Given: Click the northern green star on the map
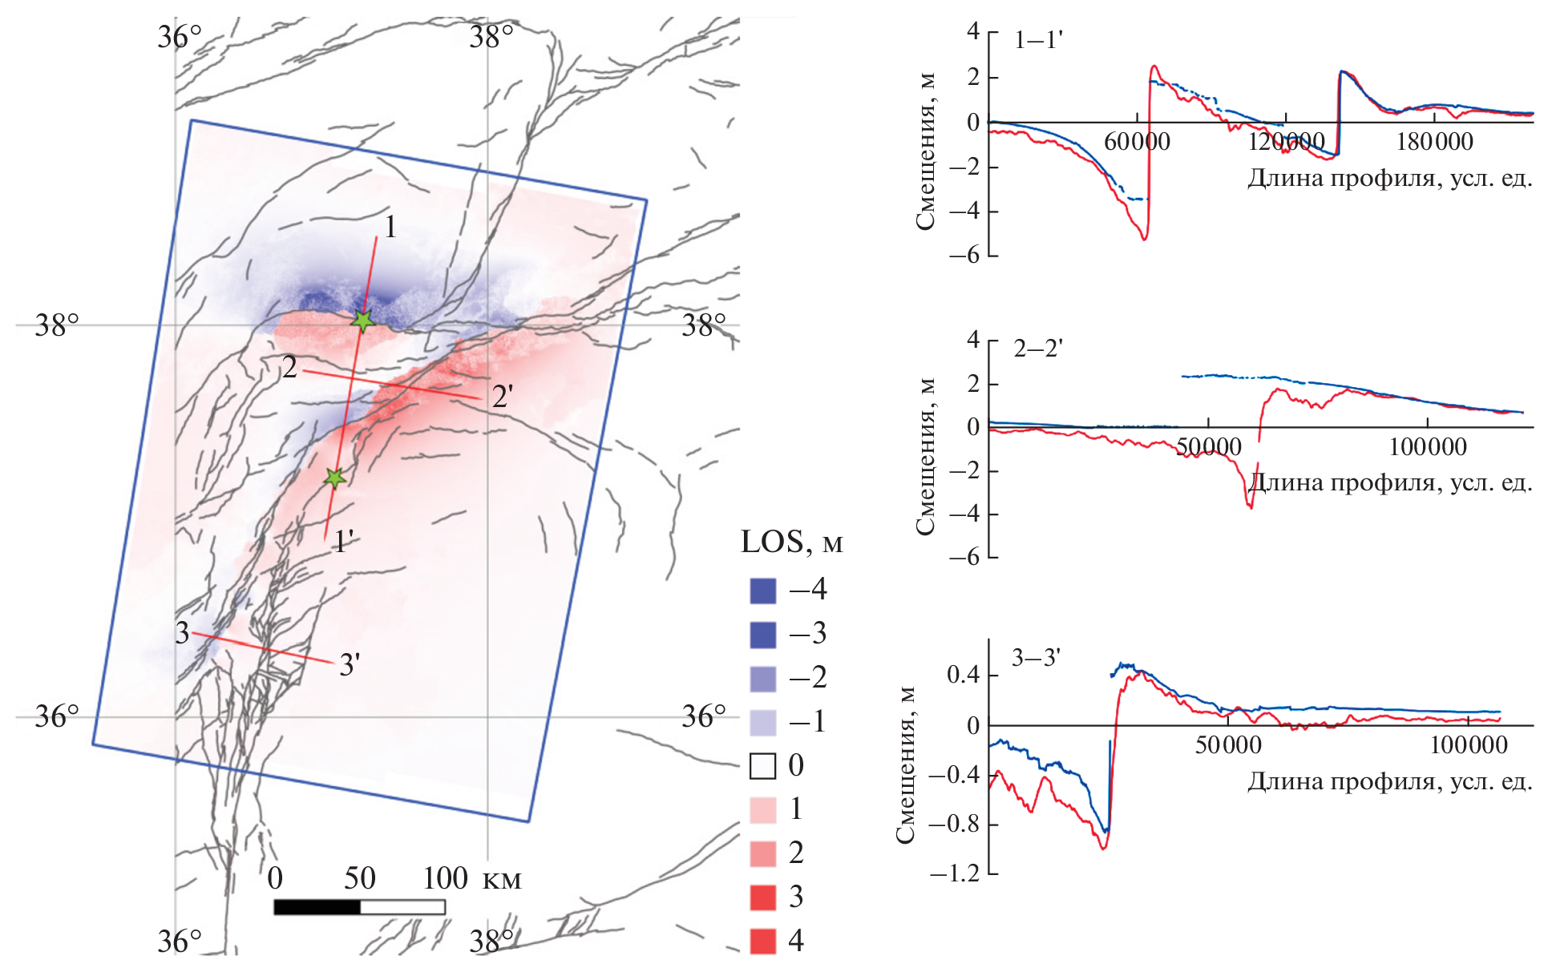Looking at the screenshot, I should click(x=363, y=321).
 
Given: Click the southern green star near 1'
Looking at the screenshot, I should click(x=335, y=478).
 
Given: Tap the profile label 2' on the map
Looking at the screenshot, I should click(x=503, y=396).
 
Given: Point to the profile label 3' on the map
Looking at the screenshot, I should click(x=350, y=664).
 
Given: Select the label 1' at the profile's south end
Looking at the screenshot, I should click(x=344, y=542).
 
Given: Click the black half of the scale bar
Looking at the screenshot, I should click(x=317, y=907).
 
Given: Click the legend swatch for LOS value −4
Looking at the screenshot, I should click(x=762, y=591).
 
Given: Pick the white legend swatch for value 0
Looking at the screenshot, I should click(x=762, y=766).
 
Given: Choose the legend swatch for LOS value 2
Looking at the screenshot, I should click(x=762, y=853).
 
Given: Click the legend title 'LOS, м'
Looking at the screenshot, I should click(x=791, y=542).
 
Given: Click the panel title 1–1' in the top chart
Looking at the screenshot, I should click(x=1037, y=40).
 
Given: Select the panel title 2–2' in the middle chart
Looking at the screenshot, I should click(x=1037, y=349).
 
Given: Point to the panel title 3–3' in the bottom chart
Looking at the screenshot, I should click(x=1036, y=658).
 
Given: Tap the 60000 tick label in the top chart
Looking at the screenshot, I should click(x=1137, y=142).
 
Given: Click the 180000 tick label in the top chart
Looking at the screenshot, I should click(x=1434, y=142).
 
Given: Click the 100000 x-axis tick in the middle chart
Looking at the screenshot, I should click(x=1428, y=447).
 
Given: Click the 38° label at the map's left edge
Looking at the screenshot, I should click(x=57, y=325).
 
